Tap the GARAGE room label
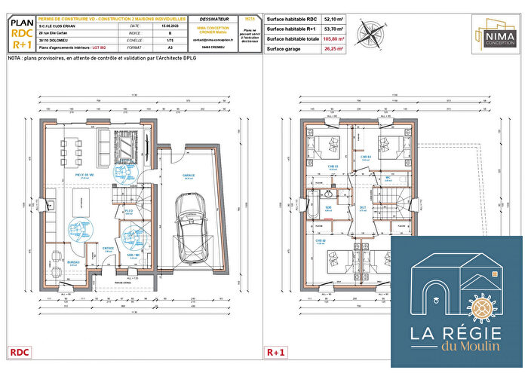coord(188,174)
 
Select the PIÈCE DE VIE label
coord(84,174)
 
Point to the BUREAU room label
coord(73,261)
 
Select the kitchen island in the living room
coord(76,203)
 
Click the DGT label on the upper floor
coord(362,208)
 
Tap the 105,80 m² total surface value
coord(333,39)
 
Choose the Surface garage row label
coord(287,49)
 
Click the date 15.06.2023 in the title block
coord(170,26)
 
